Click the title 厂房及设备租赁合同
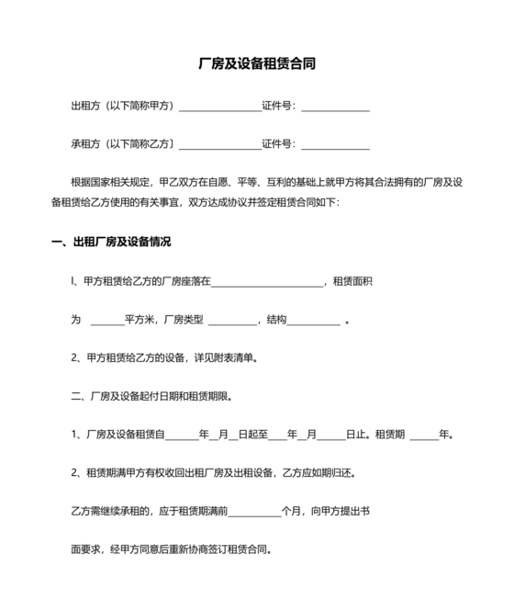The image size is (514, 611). pyautogui.click(x=257, y=65)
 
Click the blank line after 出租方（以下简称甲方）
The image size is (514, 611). pyautogui.click(x=219, y=107)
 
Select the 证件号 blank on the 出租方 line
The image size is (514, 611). pyautogui.click(x=335, y=107)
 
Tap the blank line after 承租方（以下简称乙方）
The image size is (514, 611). pyautogui.click(x=219, y=144)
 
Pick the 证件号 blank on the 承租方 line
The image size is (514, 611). pyautogui.click(x=335, y=144)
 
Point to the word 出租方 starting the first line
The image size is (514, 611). pyautogui.click(x=85, y=107)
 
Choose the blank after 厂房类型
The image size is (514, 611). pyautogui.click(x=233, y=320)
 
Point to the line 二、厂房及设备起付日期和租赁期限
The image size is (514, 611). pyautogui.click(x=151, y=397)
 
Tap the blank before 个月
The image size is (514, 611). pyautogui.click(x=252, y=508)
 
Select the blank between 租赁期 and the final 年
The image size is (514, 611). pyautogui.click(x=424, y=435)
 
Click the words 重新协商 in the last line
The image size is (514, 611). pyautogui.click(x=204, y=551)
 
